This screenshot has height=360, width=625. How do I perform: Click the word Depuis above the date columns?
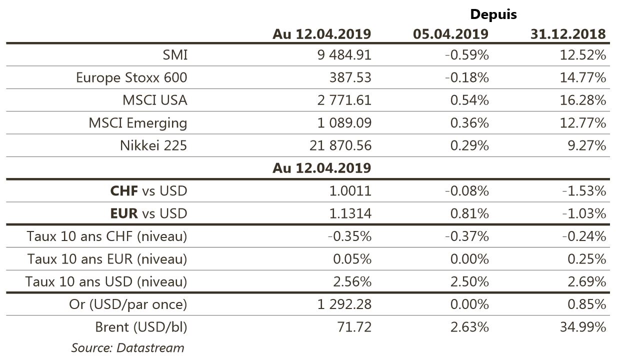493,14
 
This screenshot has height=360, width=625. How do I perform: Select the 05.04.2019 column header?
450,34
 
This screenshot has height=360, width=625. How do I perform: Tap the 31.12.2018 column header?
568,34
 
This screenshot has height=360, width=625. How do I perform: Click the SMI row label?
175,54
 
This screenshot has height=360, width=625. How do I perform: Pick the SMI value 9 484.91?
344,54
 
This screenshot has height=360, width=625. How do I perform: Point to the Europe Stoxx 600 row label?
131,77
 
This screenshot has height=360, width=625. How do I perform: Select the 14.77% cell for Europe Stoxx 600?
583,77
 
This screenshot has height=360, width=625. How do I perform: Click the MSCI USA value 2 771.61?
344,100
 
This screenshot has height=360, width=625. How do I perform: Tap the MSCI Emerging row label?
138,123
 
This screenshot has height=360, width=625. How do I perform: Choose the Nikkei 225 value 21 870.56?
340,145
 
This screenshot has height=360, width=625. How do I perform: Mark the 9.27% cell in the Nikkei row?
587,145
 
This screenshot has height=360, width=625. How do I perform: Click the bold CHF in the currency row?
124,191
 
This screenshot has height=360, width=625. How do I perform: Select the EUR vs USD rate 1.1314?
350,214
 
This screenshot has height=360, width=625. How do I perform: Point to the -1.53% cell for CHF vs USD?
584,191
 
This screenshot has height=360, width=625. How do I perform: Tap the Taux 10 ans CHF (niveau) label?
107,236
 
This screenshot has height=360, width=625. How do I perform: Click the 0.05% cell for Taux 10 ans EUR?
352,259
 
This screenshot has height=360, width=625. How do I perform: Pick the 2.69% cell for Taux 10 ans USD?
587,281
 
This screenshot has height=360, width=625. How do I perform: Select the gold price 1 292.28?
344,304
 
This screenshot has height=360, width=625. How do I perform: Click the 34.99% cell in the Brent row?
583,327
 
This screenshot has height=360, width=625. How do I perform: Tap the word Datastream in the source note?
150,348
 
